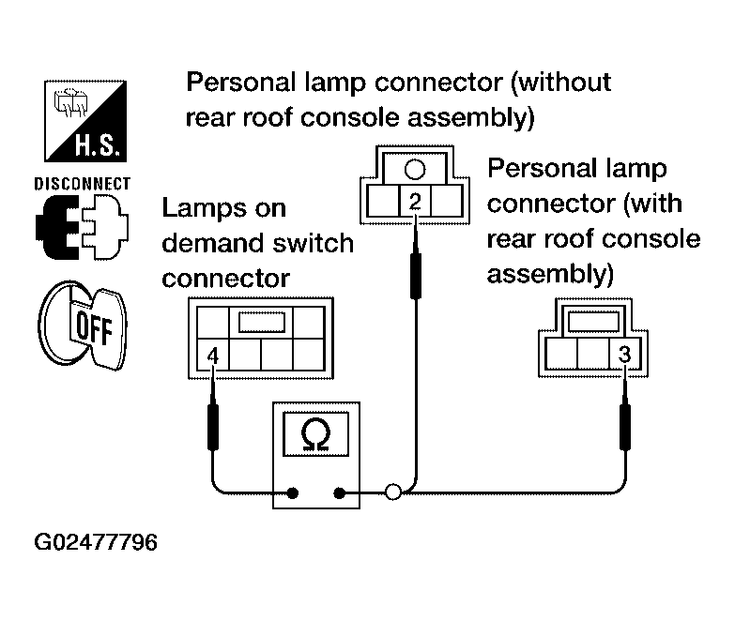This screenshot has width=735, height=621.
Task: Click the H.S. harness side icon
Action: coord(85,121)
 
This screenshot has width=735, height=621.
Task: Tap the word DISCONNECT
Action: coord(82,184)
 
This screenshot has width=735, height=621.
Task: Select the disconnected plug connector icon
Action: coord(82,227)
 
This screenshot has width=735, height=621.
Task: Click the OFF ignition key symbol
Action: coord(83,326)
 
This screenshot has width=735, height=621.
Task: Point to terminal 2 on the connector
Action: coord(415,201)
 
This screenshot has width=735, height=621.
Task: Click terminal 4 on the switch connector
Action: coord(213,355)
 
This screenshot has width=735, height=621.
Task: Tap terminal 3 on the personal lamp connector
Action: coord(624,354)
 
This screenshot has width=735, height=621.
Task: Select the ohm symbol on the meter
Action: coord(316,435)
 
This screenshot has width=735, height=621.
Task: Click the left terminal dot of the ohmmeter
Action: coord(293,492)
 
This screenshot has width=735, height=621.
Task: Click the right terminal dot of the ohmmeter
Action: coord(340,492)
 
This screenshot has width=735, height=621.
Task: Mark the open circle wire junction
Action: coord(392,492)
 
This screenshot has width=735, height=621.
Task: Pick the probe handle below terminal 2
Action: coord(415,276)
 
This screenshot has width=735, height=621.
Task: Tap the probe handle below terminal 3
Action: coord(625,427)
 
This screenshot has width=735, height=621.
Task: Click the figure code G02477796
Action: coord(96,542)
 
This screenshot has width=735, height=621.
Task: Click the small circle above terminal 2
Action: coord(415,170)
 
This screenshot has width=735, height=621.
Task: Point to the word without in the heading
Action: coord(561,83)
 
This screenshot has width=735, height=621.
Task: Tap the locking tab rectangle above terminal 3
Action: coord(593,322)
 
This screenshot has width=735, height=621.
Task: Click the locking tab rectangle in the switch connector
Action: coord(262,322)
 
